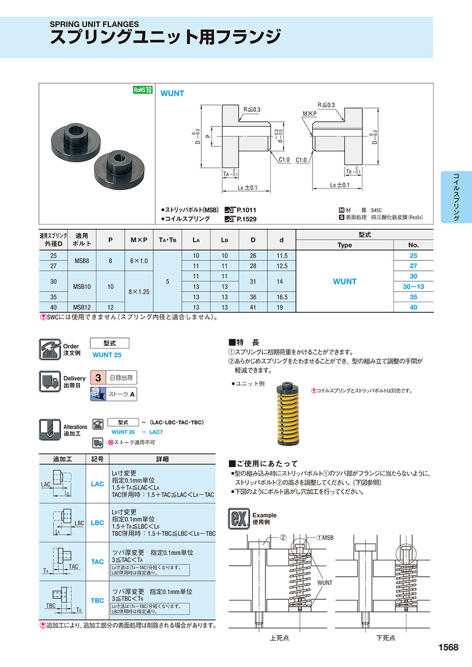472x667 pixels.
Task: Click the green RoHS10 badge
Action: tap(142, 90)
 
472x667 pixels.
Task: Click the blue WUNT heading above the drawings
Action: tap(172, 93)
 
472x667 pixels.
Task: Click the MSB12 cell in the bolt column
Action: tap(82, 307)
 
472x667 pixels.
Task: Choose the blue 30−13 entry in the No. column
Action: tap(413, 287)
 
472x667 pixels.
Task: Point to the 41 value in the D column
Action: tap(253, 307)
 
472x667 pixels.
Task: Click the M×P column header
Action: tap(138, 240)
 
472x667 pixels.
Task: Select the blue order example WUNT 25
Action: tap(107, 355)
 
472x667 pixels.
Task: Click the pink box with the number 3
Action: tap(98, 378)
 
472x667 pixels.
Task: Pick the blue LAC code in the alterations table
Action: tap(98, 484)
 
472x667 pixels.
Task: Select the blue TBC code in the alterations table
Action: tap(98, 600)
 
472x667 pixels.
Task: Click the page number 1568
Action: tap(448, 647)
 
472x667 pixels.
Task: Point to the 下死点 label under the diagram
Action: tap(386, 638)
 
